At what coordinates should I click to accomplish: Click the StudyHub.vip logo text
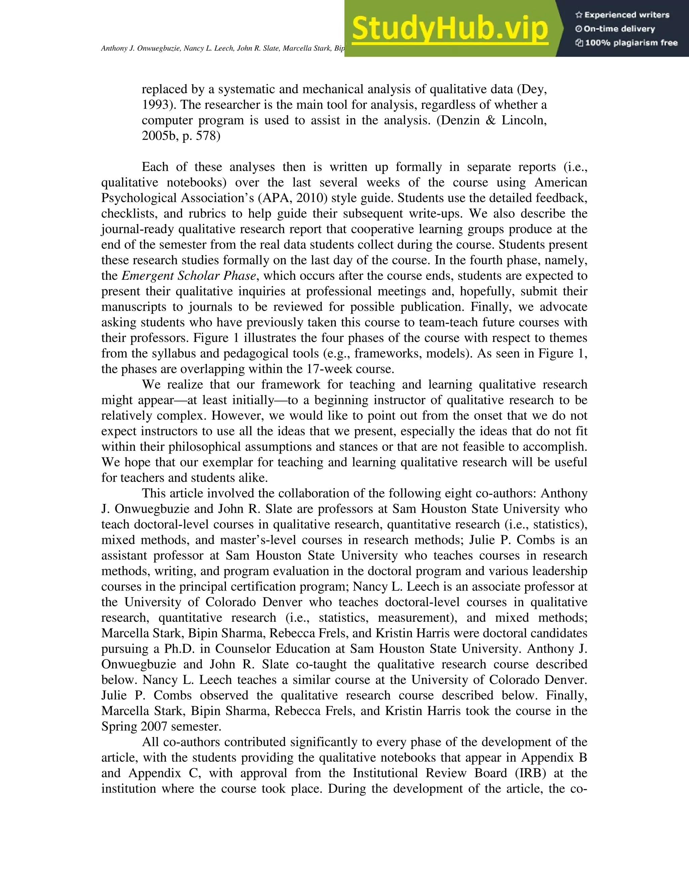click(449, 29)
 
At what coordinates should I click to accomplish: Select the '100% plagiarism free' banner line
click(626, 43)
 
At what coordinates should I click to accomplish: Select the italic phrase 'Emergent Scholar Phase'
click(189, 276)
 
